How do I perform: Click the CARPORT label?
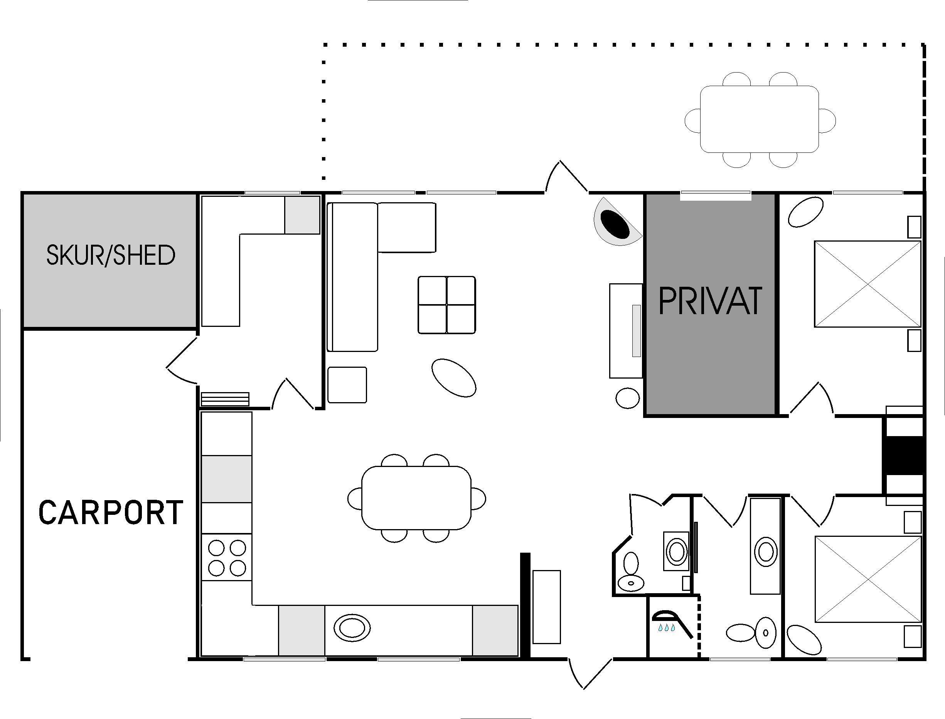coord(111,512)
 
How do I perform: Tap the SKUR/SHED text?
coord(111,255)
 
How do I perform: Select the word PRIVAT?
coord(710,301)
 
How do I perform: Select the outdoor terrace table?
coord(759,119)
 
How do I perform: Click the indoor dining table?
coord(416,498)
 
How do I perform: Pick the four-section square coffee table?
coord(446,305)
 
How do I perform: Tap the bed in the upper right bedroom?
coord(867,284)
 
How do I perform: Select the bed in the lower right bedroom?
coord(868,579)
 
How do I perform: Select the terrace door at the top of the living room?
coord(566,176)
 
